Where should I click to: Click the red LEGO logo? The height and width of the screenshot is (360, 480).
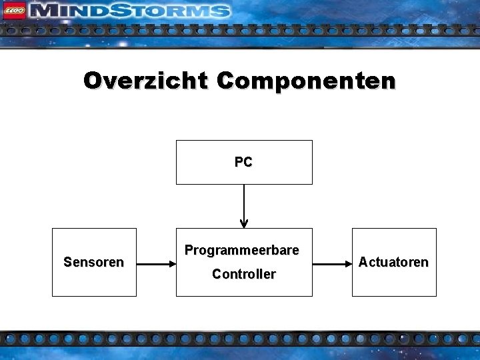click(14, 11)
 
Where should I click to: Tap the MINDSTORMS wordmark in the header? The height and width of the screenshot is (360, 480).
click(131, 11)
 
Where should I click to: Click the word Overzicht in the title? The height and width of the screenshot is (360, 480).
click(146, 81)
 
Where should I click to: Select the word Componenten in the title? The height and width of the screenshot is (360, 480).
click(306, 81)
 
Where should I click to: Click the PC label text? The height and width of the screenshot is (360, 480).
click(243, 162)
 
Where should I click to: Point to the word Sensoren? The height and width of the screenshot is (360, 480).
click(93, 262)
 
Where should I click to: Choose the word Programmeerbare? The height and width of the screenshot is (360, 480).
click(242, 251)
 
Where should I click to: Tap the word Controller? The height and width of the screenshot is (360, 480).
click(243, 274)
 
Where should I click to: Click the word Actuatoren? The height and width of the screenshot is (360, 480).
click(393, 262)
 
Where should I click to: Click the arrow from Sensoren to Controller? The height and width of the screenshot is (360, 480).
click(155, 264)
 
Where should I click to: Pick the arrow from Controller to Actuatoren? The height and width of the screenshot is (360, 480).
click(331, 264)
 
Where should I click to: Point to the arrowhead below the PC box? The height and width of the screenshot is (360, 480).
click(244, 223)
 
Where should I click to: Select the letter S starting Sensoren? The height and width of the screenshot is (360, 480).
click(67, 262)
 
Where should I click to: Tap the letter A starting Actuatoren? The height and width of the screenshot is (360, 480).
click(363, 262)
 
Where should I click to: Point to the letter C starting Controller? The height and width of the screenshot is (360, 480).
click(216, 274)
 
